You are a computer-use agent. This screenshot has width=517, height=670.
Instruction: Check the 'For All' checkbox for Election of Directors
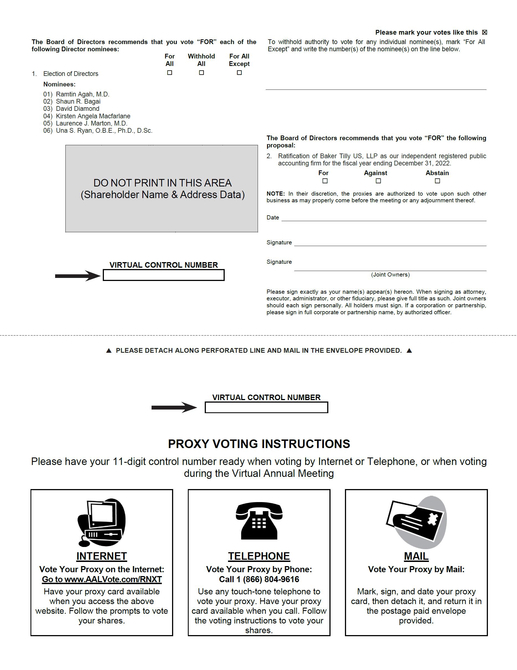pyautogui.click(x=170, y=73)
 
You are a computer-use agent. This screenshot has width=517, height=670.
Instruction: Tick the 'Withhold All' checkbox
pyautogui.click(x=201, y=73)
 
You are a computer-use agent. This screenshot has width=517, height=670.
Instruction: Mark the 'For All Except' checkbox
pyautogui.click(x=239, y=73)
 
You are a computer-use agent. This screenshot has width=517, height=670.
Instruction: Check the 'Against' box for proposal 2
pyautogui.click(x=378, y=181)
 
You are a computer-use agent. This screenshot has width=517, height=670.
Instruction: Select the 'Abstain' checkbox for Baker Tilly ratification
pyautogui.click(x=437, y=181)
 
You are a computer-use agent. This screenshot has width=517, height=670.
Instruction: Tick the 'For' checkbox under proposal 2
pyautogui.click(x=325, y=181)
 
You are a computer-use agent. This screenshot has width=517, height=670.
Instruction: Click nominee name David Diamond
pyautogui.click(x=78, y=109)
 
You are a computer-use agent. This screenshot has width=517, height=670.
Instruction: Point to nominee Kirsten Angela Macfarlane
pyautogui.click(x=93, y=116)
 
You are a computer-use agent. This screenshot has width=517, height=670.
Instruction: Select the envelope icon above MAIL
pyautogui.click(x=416, y=522)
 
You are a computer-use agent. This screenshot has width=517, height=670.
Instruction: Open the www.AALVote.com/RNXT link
pyautogui.click(x=102, y=579)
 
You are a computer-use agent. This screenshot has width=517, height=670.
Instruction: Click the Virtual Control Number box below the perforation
pyautogui.click(x=266, y=407)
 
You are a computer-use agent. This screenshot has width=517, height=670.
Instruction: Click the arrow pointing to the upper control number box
pyautogui.click(x=78, y=276)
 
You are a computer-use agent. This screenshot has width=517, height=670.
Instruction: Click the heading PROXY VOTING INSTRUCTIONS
pyautogui.click(x=259, y=444)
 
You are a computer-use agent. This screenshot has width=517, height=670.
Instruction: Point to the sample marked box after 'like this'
pyautogui.click(x=485, y=32)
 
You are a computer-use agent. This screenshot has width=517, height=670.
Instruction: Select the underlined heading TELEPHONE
pyautogui.click(x=259, y=556)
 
